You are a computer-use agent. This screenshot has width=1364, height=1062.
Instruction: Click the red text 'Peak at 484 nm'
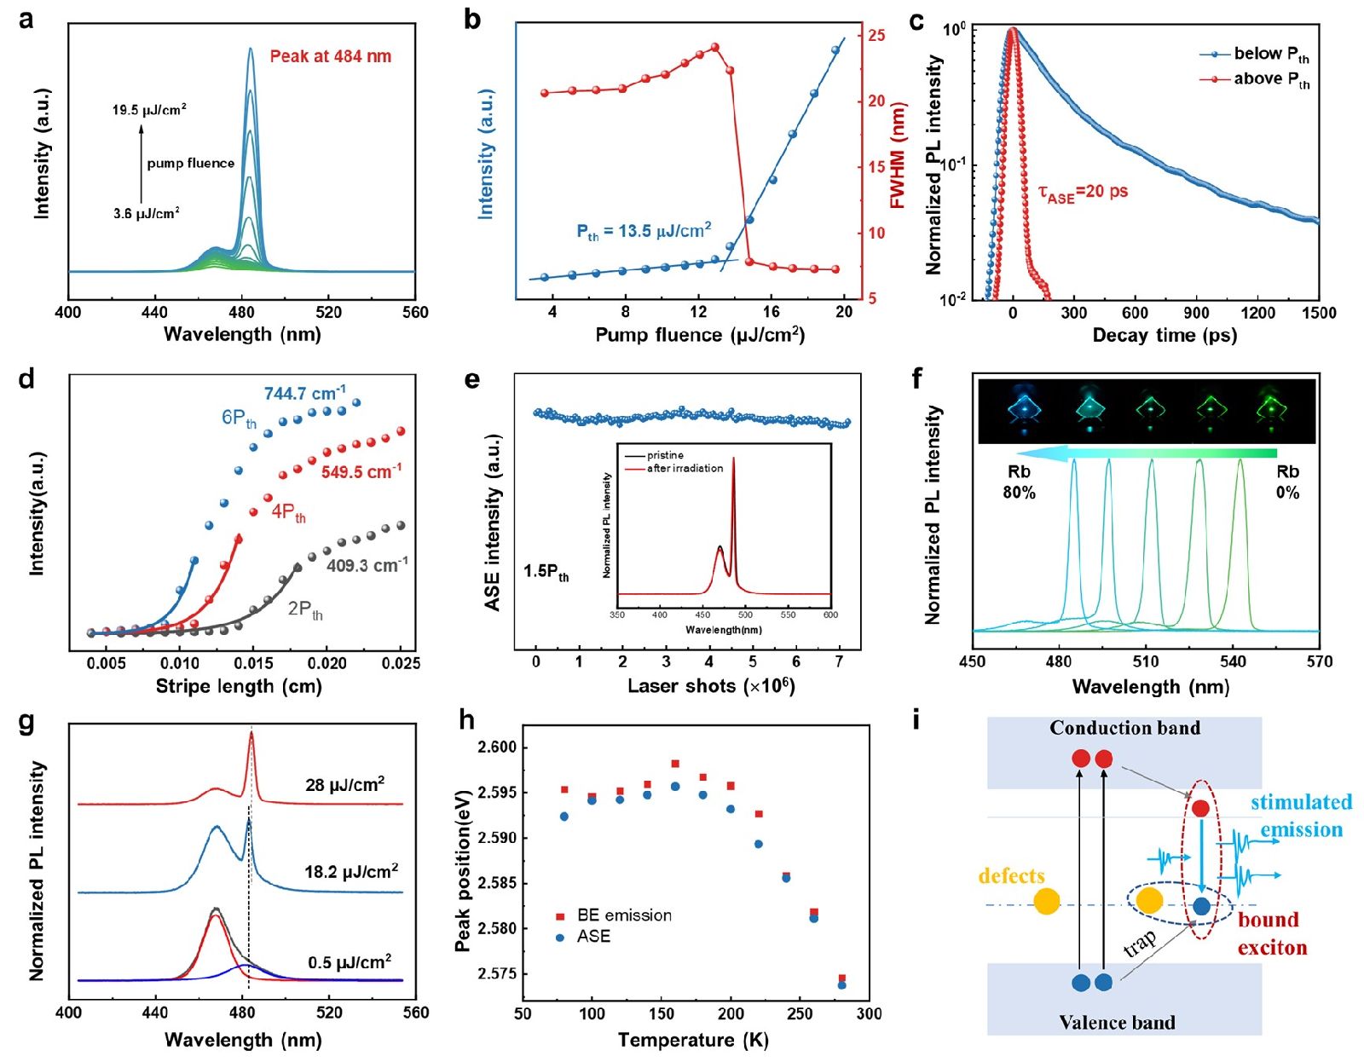pos(330,56)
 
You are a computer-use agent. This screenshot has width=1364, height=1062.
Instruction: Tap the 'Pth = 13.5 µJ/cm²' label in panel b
pos(644,231)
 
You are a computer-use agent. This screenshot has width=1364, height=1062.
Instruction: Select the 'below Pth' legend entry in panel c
pos(1270,54)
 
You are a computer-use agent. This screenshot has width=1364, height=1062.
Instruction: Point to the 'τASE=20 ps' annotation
pos(1083,193)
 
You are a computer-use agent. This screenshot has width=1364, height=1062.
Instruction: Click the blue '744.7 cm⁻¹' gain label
pos(304,394)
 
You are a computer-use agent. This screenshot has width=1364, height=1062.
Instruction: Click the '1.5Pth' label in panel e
pos(546,571)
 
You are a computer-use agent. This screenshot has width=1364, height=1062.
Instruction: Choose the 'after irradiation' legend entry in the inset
pos(685,468)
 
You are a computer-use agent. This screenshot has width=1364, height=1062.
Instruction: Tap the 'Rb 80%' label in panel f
pos(1019,482)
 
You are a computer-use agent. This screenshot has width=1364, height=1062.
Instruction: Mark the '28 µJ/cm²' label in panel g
pos(344,784)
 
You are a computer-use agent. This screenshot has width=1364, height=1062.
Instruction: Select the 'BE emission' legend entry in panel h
pos(624,915)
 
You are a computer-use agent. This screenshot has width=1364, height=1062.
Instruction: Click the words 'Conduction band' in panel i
pos(1124,728)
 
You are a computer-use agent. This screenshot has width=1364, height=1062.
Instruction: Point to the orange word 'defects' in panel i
pos(1011,876)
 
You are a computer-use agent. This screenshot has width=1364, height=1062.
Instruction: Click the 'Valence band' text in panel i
pos(1117,1023)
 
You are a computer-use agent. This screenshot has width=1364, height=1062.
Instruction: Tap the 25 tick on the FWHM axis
pos(876,36)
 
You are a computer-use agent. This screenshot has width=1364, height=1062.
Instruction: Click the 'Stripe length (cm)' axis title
pos(239,686)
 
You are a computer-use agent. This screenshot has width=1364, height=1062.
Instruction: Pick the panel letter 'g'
pos(26,721)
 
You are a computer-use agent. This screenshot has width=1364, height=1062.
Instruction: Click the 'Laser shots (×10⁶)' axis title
pos(711,686)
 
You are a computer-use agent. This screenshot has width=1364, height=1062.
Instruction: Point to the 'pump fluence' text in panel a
pos(190,163)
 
